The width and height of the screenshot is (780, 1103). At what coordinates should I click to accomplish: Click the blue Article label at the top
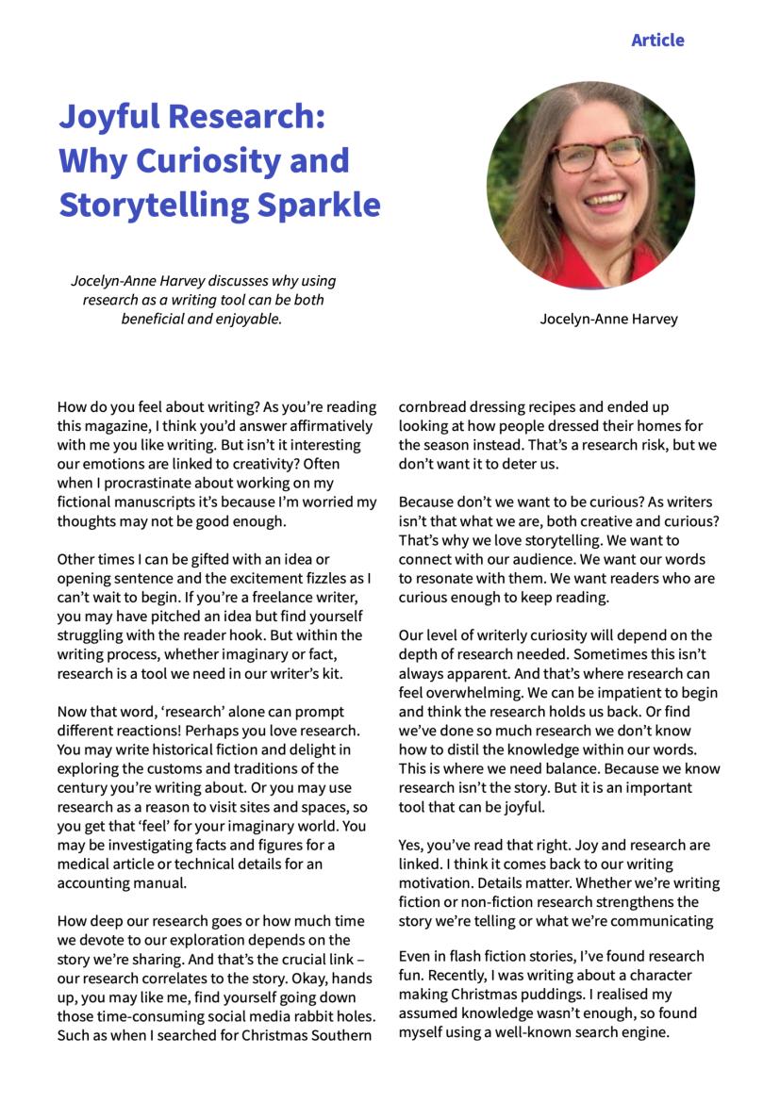click(657, 40)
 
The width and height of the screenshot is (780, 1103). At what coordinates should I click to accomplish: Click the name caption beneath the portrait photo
click(608, 319)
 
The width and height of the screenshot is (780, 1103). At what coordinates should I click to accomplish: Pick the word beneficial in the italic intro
click(158, 319)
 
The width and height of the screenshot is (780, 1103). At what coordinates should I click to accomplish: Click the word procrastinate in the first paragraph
click(140, 483)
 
